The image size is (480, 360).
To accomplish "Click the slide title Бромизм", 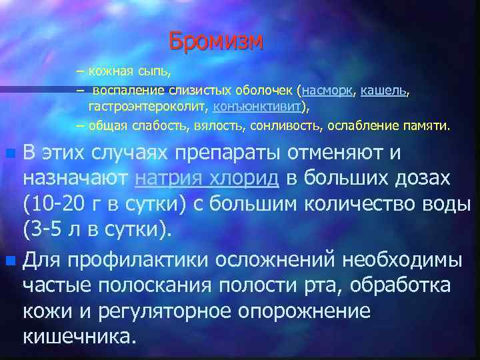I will pyautogui.click(x=216, y=41).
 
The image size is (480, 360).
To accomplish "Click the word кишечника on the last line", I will pyautogui.click(x=79, y=335).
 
